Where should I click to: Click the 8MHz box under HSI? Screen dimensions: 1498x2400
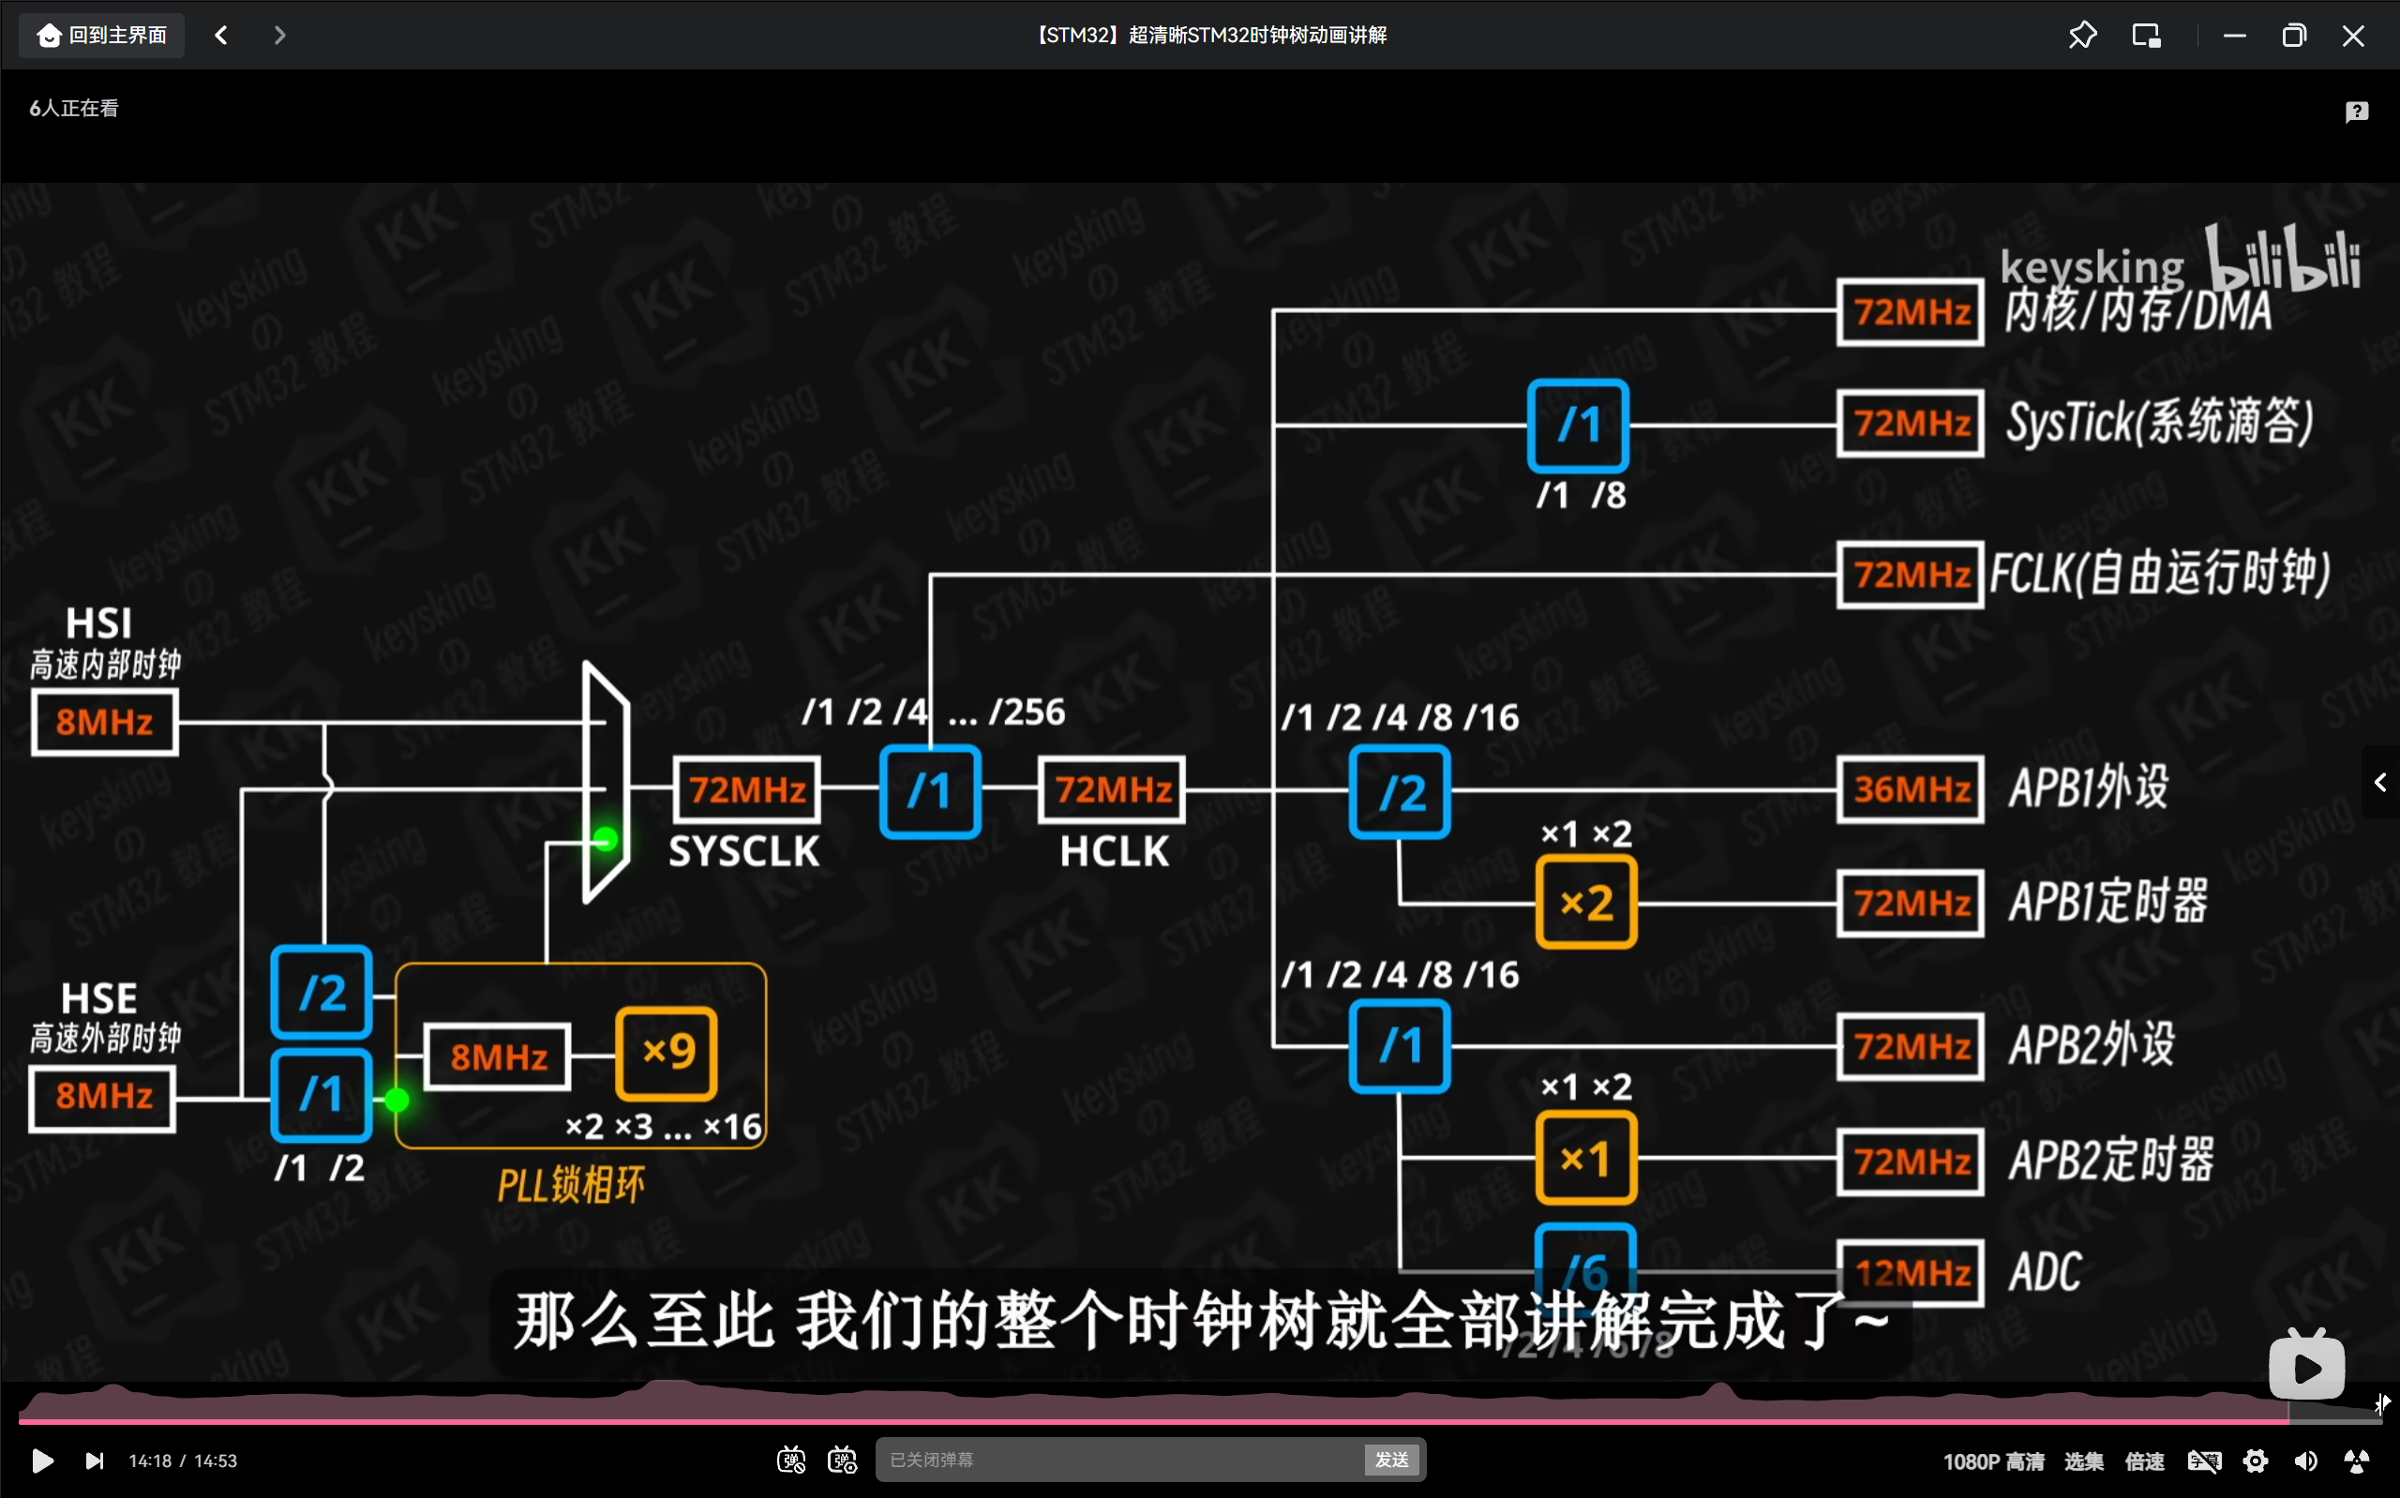pyautogui.click(x=104, y=722)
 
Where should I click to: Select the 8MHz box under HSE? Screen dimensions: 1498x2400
pyautogui.click(x=103, y=1097)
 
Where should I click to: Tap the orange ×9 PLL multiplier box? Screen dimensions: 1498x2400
pyautogui.click(x=667, y=1053)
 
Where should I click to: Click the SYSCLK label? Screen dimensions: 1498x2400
pyautogui.click(x=743, y=852)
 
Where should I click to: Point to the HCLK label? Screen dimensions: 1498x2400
pyautogui.click(x=1115, y=852)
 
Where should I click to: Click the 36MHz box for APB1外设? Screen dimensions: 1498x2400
pyautogui.click(x=1911, y=789)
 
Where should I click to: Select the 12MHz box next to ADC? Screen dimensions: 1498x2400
pyautogui.click(x=1911, y=1272)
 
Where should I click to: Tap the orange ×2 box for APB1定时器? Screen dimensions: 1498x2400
pyautogui.click(x=1586, y=903)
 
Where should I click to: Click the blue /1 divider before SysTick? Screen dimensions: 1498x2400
pyautogui.click(x=1578, y=425)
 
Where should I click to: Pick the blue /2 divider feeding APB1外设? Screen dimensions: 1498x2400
pyautogui.click(x=1400, y=793)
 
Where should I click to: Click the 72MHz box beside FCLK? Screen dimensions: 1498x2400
pyautogui.click(x=1911, y=575)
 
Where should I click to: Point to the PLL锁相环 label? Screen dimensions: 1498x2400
pyautogui.click(x=571, y=1185)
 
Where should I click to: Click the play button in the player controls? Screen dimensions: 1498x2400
pyautogui.click(x=42, y=1461)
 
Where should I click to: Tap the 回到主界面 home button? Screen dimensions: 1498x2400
pyautogui.click(x=102, y=36)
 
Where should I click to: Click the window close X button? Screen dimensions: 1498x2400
pyautogui.click(x=2353, y=36)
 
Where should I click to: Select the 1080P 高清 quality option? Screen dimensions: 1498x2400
pyautogui.click(x=1993, y=1461)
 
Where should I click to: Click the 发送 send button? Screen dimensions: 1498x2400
pyautogui.click(x=1391, y=1460)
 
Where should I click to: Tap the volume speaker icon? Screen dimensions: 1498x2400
pyautogui.click(x=2306, y=1461)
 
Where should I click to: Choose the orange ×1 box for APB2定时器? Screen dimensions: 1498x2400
pyautogui.click(x=1586, y=1157)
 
